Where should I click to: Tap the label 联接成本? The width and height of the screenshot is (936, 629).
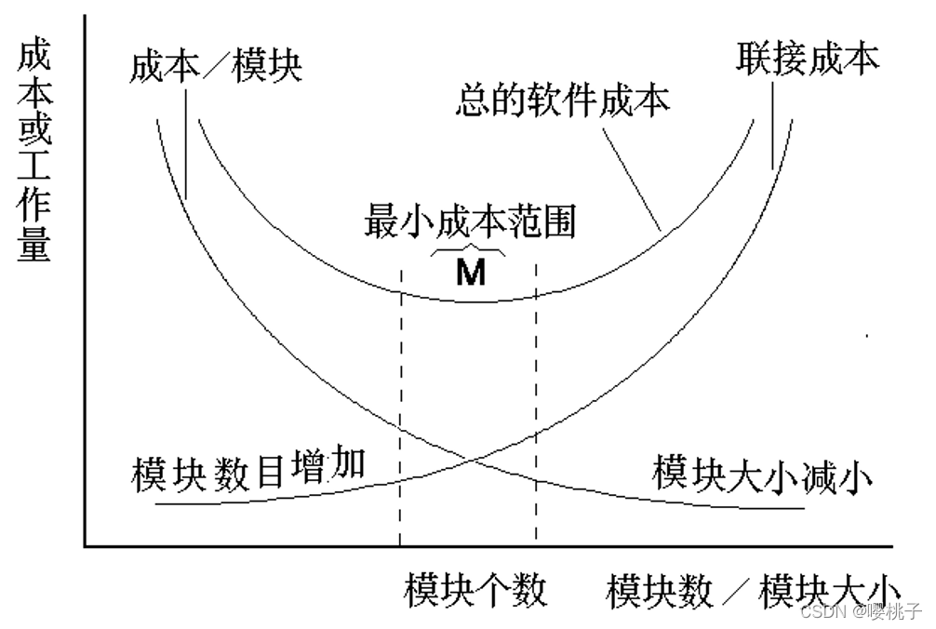point(808,59)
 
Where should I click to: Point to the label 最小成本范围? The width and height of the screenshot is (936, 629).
point(470,222)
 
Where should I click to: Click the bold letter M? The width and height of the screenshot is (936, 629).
point(471,273)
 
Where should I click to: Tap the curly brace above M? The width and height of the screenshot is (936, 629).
point(470,250)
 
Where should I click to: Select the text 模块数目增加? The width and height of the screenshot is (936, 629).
point(248,473)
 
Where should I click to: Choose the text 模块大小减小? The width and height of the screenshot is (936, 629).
point(762,472)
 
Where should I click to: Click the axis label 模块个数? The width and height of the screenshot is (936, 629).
point(475,591)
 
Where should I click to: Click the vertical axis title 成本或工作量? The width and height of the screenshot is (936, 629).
point(34,154)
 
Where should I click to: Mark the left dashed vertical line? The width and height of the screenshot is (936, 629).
point(400,409)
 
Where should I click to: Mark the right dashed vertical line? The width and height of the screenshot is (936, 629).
point(536,409)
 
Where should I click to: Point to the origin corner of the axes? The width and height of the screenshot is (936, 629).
point(85,546)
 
